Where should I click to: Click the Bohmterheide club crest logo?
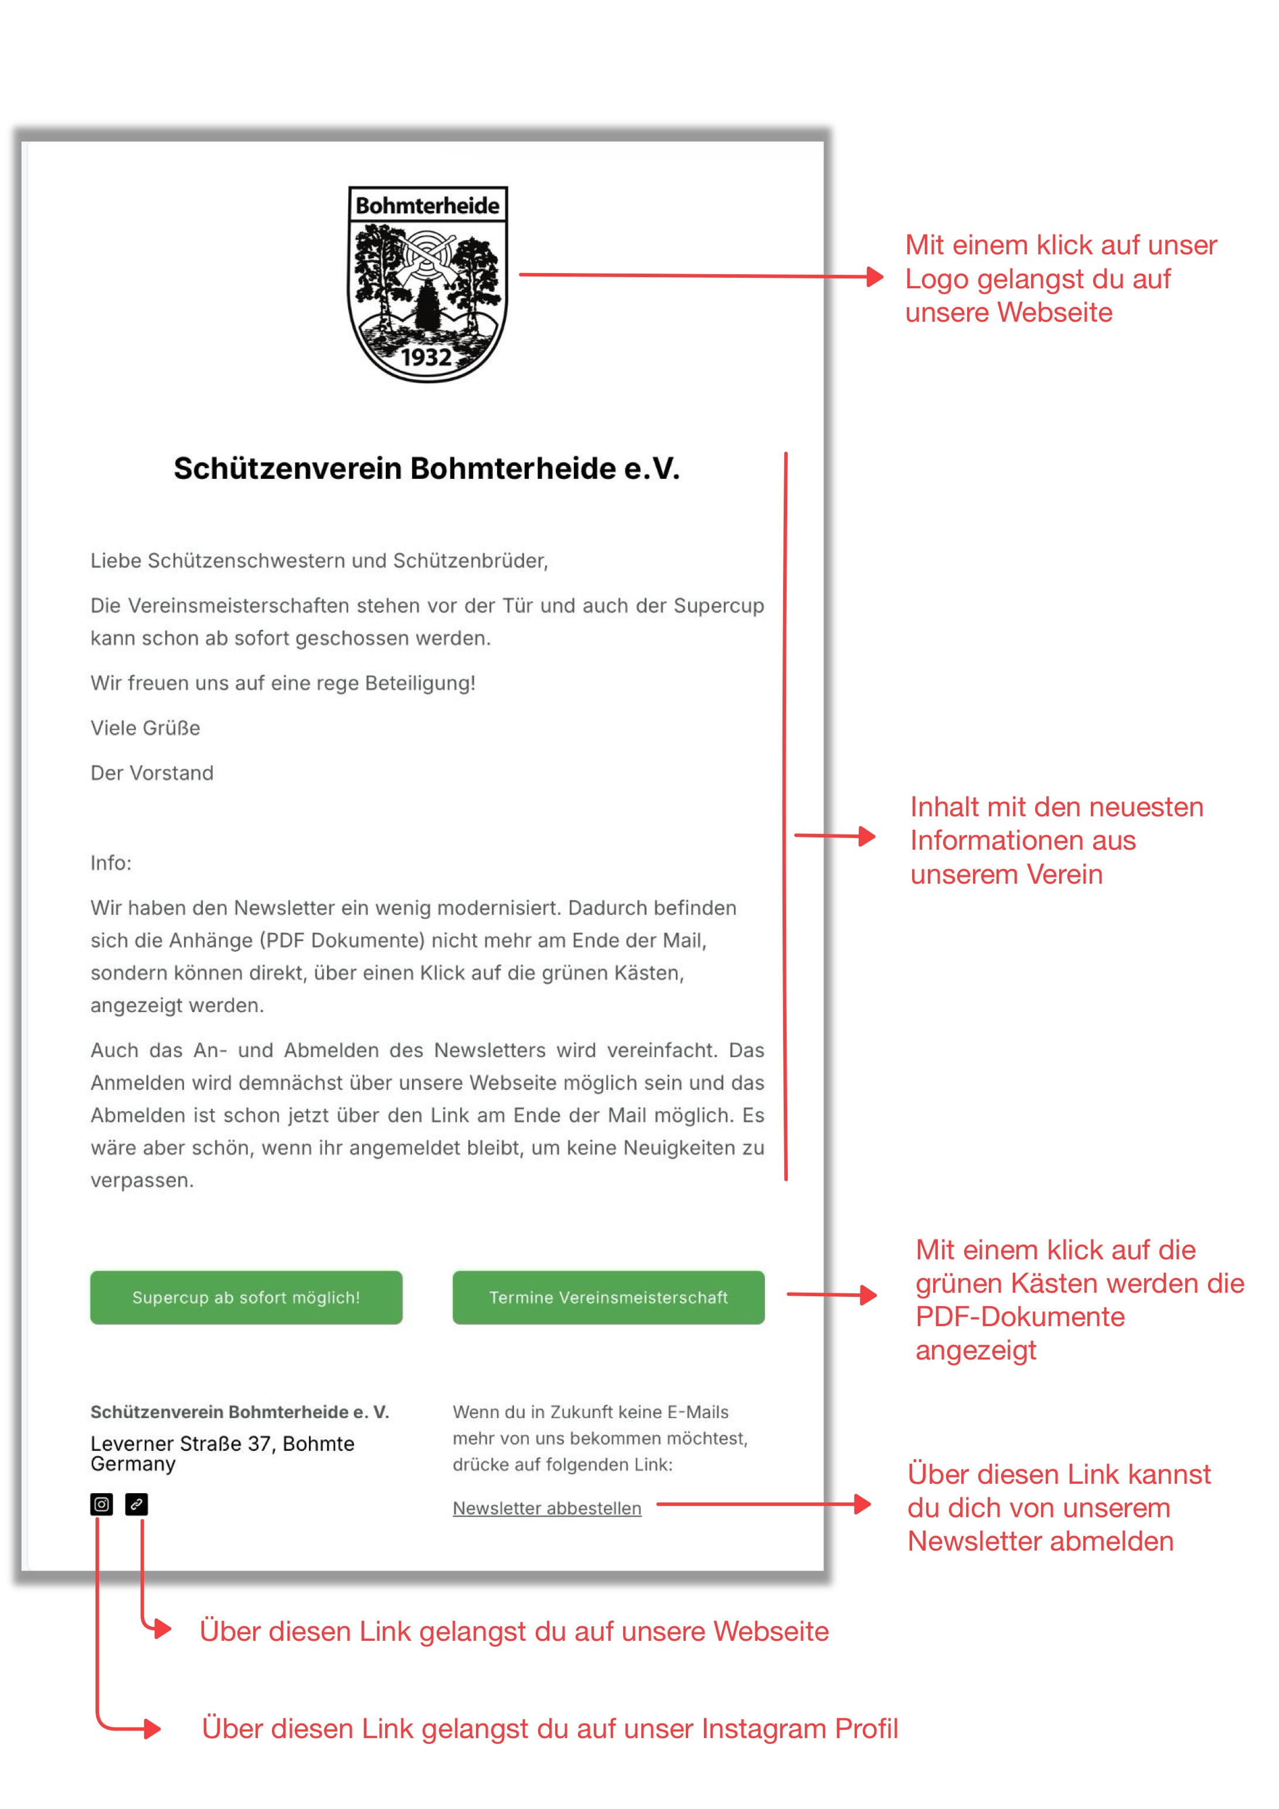click(x=427, y=284)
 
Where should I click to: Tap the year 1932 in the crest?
click(x=426, y=357)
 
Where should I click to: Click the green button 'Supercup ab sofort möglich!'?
click(x=246, y=1297)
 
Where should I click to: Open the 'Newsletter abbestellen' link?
click(x=546, y=1507)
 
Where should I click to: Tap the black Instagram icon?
click(x=101, y=1504)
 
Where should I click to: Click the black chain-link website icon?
click(x=137, y=1504)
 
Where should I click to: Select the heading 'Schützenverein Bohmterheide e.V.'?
click(x=426, y=468)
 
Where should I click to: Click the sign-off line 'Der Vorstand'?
click(x=152, y=773)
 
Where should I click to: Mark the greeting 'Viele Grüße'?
click(x=145, y=728)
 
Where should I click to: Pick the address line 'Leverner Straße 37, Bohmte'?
click(x=222, y=1443)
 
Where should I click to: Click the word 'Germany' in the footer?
click(x=133, y=1464)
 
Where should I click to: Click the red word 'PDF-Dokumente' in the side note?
click(x=1020, y=1317)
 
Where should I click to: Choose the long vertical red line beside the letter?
click(x=785, y=816)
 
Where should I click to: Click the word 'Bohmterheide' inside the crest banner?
click(x=427, y=206)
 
